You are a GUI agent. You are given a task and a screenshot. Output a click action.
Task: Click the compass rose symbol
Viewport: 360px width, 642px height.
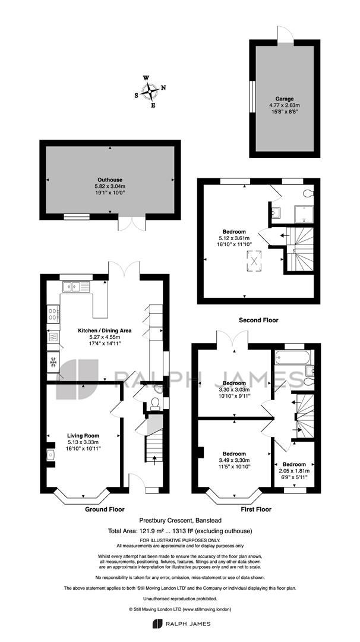point(150,92)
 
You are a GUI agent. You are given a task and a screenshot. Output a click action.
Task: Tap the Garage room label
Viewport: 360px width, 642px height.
point(285,99)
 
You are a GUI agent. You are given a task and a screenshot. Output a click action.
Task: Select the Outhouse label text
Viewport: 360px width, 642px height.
point(110,180)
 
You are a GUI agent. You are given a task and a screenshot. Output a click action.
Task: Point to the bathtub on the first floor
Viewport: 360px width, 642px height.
point(293,358)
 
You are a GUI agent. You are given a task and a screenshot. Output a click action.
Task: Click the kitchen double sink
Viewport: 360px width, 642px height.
point(76,287)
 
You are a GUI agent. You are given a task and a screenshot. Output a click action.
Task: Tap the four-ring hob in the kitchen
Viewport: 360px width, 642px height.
point(53,314)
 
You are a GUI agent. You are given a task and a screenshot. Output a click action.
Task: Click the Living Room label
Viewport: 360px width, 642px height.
point(83,436)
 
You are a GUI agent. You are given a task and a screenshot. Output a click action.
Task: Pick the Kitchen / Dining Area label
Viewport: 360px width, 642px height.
point(105,331)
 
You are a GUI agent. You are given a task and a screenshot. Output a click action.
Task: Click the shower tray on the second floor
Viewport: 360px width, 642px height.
point(304,215)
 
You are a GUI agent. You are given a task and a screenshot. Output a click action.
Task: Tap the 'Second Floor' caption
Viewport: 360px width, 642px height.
point(258,320)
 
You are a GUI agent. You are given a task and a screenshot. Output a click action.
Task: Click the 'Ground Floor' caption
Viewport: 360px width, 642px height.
point(105,509)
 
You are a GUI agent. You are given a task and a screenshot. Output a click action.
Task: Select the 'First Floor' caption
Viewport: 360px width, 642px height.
point(256,509)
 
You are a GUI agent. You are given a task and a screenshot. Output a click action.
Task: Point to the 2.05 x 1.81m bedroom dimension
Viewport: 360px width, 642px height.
point(294,470)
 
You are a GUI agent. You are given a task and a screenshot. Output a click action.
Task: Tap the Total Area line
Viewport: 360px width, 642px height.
point(180,531)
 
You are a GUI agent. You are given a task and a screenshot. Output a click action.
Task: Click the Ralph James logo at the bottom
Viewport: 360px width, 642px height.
point(181,624)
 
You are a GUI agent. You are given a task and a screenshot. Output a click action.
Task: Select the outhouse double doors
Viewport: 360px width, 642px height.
point(132,223)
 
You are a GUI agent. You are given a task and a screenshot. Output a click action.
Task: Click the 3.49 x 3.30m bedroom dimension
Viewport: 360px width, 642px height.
point(234,460)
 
